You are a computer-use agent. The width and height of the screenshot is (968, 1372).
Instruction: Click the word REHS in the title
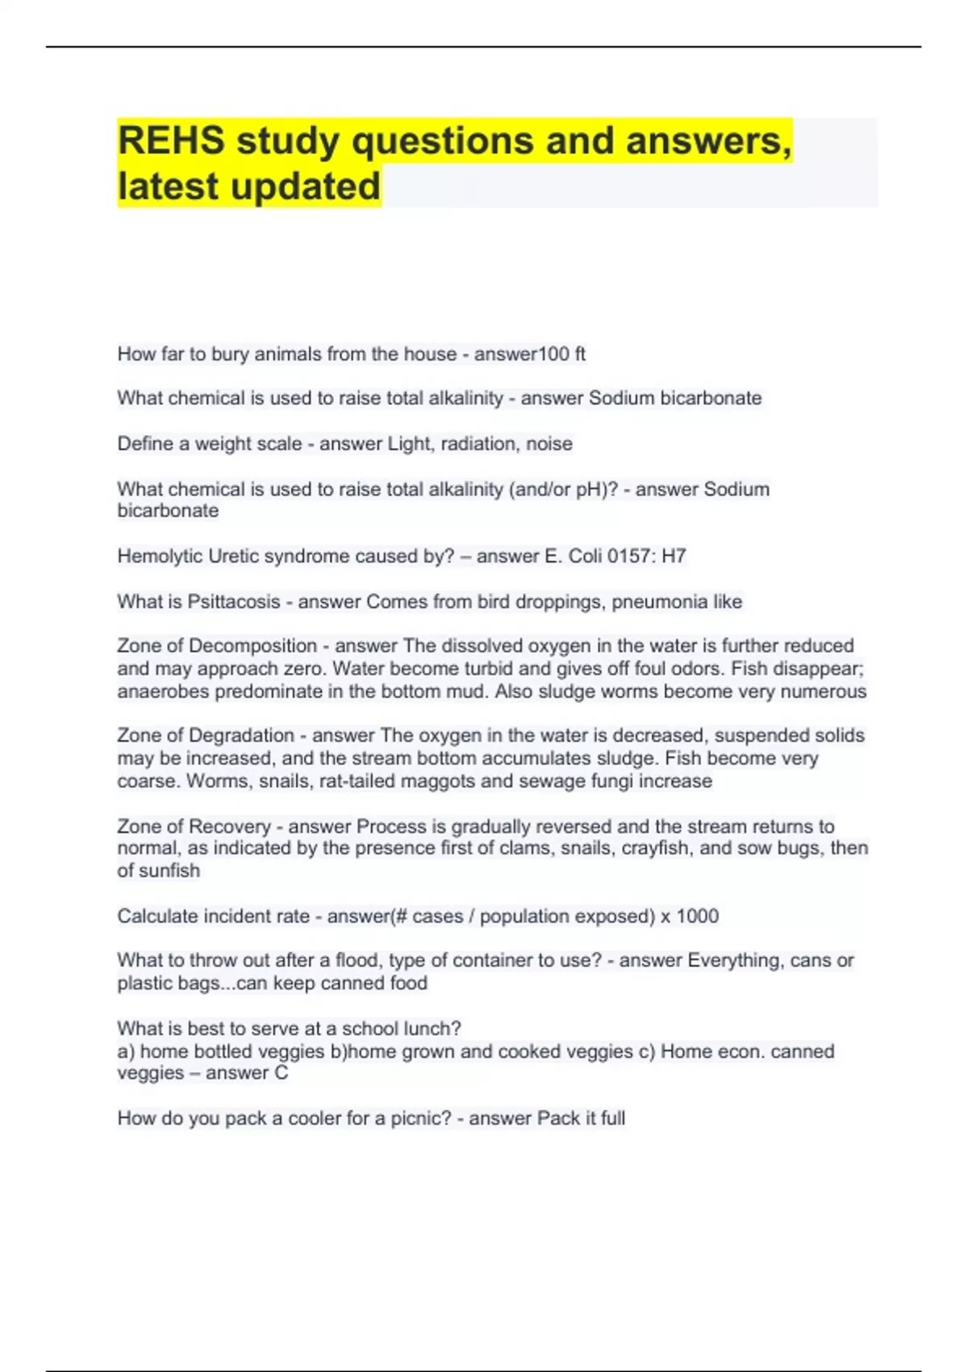pyautogui.click(x=171, y=141)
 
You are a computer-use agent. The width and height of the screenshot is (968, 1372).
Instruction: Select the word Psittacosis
pyautogui.click(x=233, y=601)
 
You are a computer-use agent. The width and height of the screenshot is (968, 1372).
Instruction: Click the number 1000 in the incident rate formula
pyautogui.click(x=697, y=916)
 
